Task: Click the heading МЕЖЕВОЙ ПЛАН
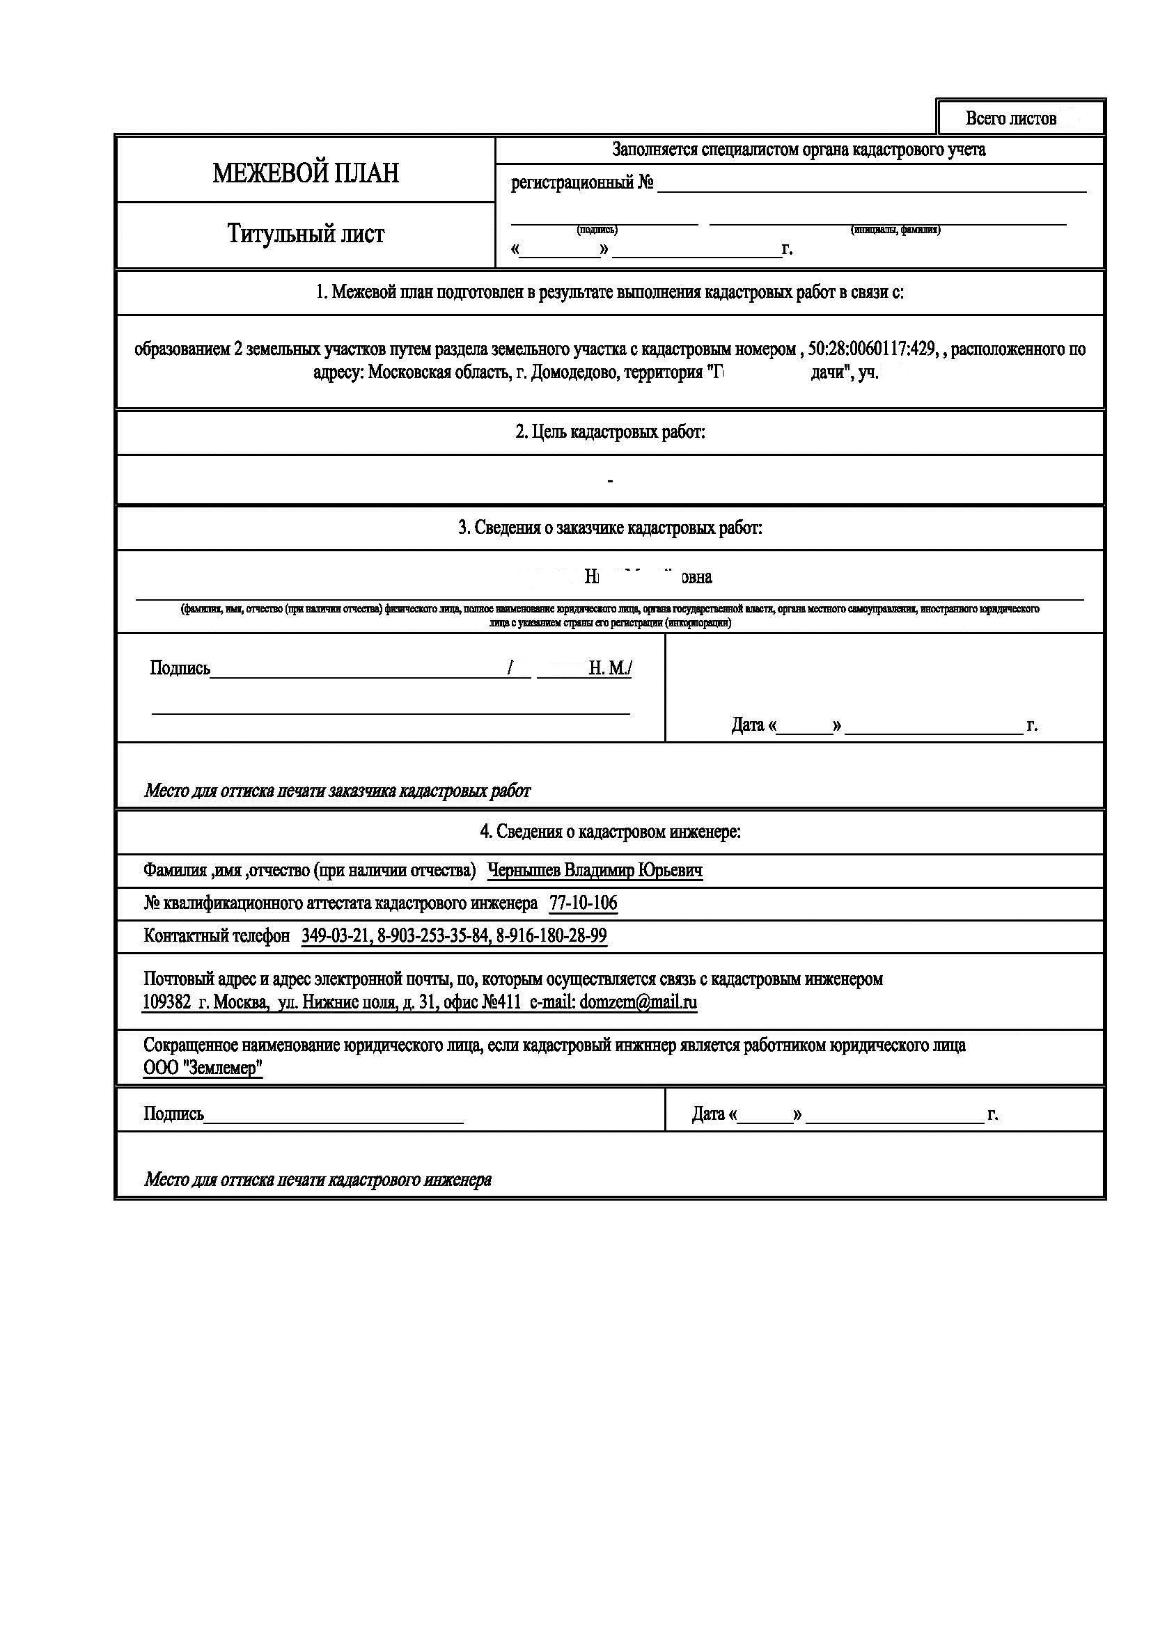tap(306, 173)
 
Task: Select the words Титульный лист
tap(306, 234)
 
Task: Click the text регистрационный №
tap(581, 183)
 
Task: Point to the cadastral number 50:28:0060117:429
tap(871, 349)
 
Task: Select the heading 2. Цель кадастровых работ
tap(610, 432)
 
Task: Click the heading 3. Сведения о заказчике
tap(610, 528)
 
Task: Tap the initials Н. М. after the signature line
tap(610, 668)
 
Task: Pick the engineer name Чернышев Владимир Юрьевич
tap(595, 870)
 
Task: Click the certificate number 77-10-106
tap(583, 903)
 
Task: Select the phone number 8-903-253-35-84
tap(432, 936)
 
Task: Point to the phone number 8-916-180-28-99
tap(551, 936)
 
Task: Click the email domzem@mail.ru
tap(639, 1002)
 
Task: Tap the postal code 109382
tap(166, 1002)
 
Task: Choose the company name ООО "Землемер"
tap(203, 1068)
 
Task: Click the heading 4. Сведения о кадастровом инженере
tap(610, 832)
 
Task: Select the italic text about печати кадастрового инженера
tap(318, 1179)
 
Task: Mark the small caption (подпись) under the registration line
tap(597, 230)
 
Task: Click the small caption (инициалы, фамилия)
tap(895, 230)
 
